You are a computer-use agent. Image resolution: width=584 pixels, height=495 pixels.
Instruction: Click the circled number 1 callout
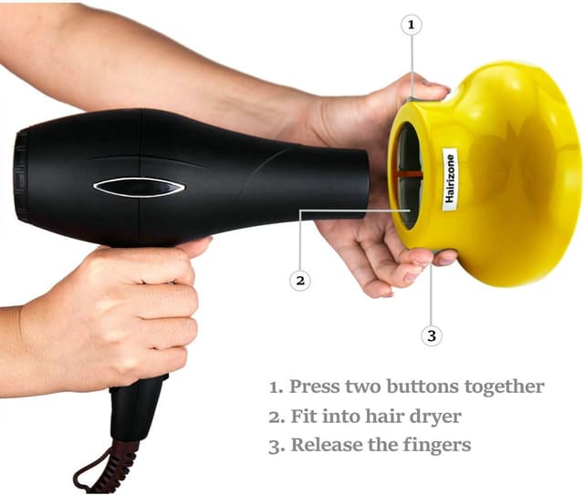(x=411, y=26)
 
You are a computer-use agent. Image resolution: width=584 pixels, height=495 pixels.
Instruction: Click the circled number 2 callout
(x=300, y=280)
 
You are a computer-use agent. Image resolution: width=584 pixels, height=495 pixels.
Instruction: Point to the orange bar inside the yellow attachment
(x=408, y=172)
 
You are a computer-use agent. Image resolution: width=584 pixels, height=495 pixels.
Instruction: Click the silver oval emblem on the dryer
(x=139, y=187)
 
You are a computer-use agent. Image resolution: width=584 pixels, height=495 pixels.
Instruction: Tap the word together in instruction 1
(x=507, y=387)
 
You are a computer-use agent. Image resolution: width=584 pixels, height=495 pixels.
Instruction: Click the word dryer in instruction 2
(x=436, y=418)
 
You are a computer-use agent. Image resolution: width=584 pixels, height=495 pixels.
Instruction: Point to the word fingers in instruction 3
(x=440, y=447)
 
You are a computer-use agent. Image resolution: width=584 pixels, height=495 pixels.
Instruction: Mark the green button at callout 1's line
(x=412, y=98)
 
